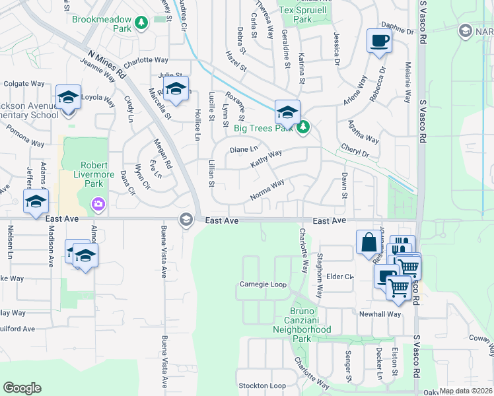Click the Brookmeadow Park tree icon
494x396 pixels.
coord(141,24)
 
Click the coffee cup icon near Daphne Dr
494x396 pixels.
coord(379,40)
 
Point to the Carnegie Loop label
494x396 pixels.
coord(262,285)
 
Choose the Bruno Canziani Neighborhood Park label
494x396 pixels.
coord(302,325)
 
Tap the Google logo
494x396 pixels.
coord(22,388)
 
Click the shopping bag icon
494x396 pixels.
coord(368,242)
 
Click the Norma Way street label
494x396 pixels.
coord(267,190)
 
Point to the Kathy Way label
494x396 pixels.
coord(266,158)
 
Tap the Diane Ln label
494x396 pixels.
coord(243,149)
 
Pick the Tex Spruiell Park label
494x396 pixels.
coord(304,15)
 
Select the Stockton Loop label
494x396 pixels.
coord(262,385)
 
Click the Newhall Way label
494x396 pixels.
coord(380,314)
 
